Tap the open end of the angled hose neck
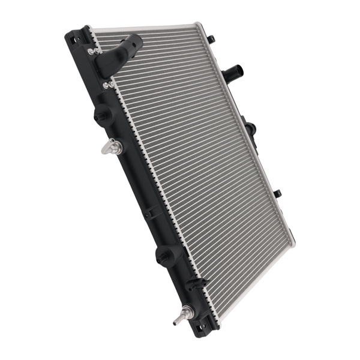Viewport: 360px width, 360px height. coord(133,41)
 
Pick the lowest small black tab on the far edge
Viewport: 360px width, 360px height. coord(277,194)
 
